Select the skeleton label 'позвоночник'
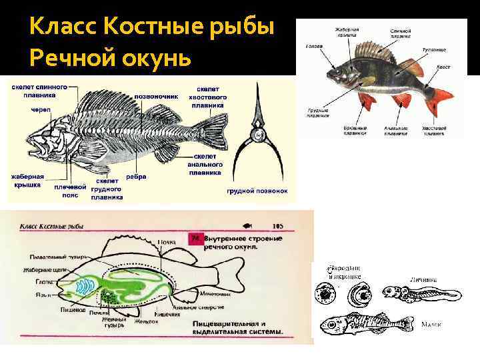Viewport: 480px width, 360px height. [157, 96]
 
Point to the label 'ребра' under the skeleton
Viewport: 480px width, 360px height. [136, 177]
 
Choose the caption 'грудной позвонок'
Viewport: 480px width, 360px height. [257, 191]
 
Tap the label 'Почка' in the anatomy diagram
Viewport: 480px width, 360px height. [167, 241]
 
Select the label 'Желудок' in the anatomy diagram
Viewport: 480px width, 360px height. [146, 321]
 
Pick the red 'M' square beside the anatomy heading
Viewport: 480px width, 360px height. [195, 237]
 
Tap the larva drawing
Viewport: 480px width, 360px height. [420, 293]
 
